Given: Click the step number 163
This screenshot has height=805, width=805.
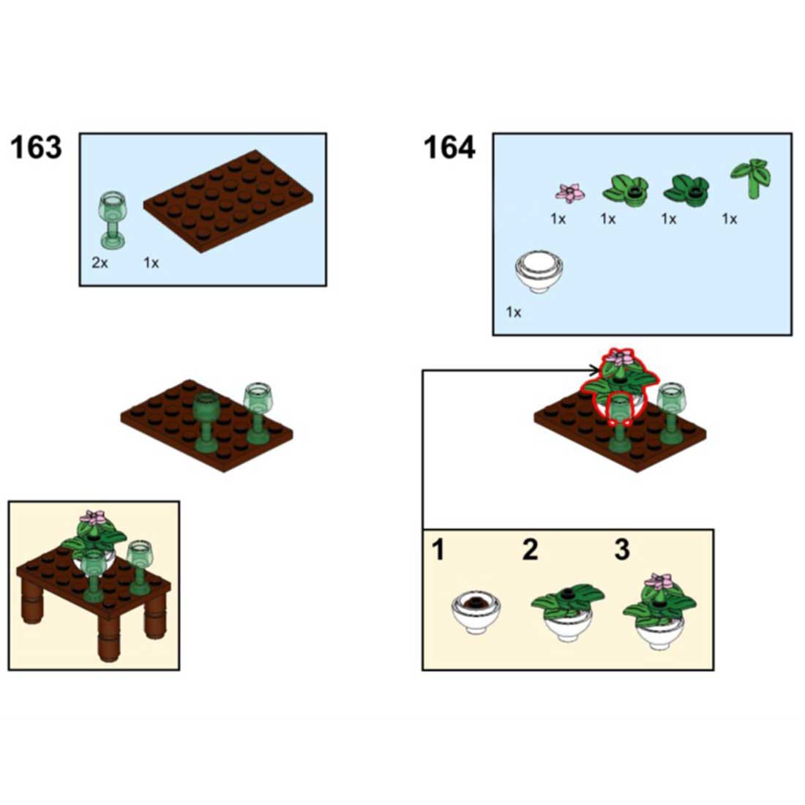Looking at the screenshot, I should click(x=36, y=148).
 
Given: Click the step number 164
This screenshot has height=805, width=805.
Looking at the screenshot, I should click(x=449, y=148).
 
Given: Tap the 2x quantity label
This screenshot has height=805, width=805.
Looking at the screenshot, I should click(x=100, y=263).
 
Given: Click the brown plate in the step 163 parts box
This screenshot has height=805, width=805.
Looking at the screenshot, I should click(x=228, y=200).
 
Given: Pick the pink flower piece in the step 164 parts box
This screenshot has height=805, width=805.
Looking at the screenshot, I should click(x=570, y=193).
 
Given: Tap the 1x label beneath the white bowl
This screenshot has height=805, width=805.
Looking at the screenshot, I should click(x=514, y=312).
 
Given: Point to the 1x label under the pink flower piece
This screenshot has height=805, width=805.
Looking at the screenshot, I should click(x=558, y=219).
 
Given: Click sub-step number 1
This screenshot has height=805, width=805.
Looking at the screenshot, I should click(x=438, y=549).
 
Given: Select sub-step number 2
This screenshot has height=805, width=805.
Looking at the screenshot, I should click(x=530, y=549).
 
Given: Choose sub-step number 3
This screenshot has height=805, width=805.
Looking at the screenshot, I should click(x=621, y=549).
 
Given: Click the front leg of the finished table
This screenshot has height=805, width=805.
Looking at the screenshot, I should click(x=108, y=639).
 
